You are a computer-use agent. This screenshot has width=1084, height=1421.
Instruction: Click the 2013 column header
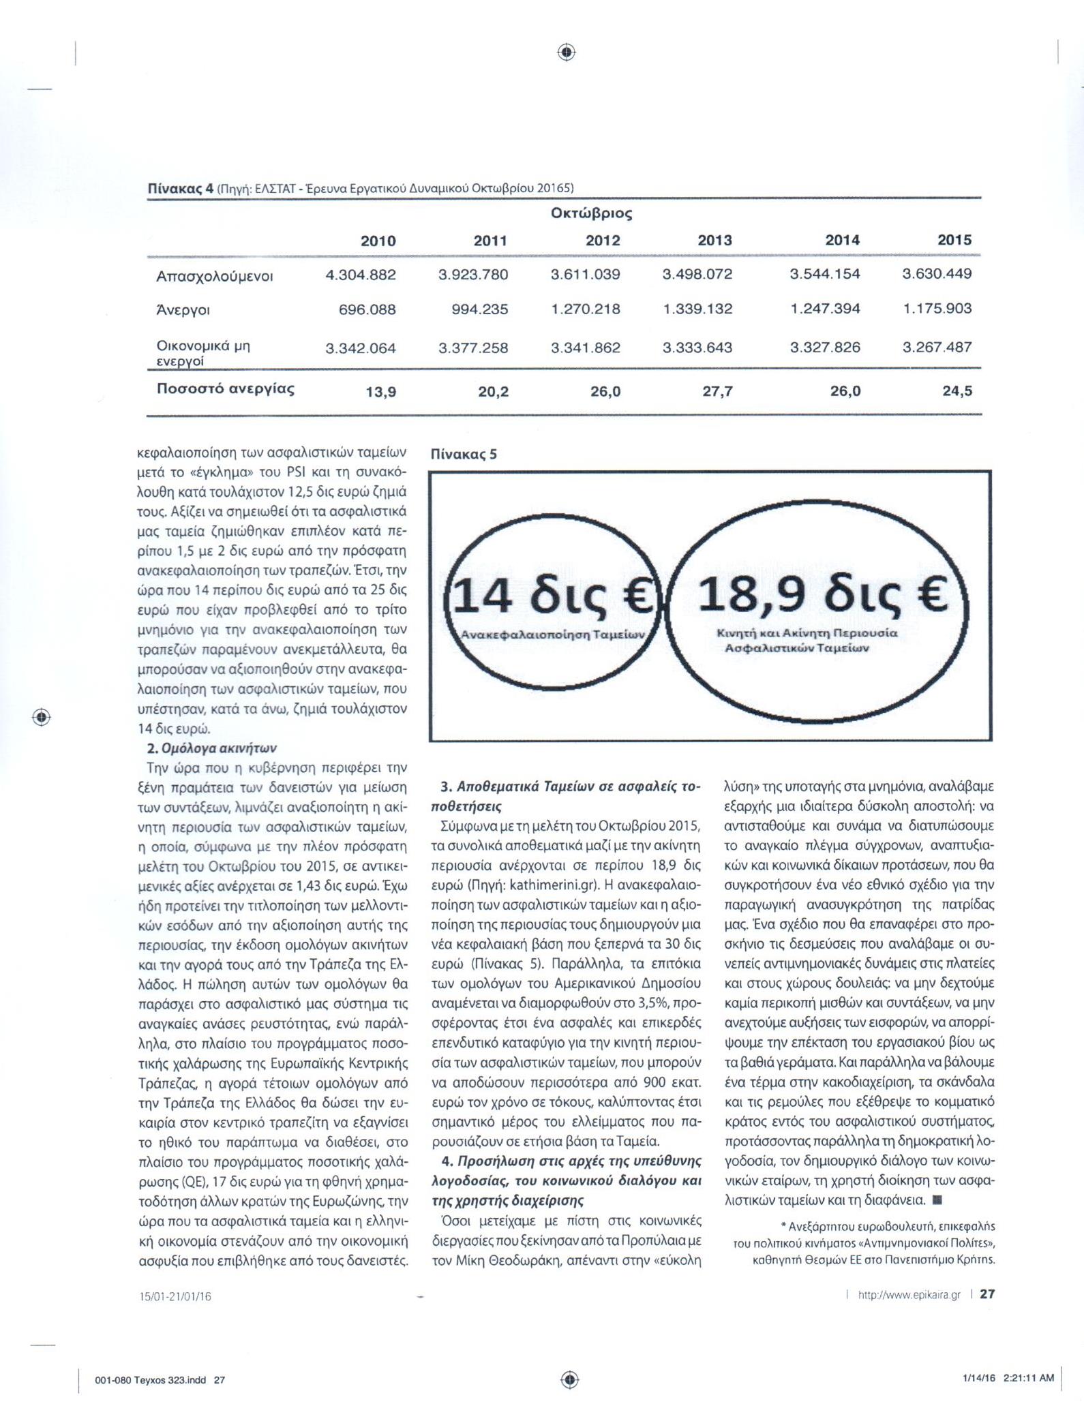tap(714, 240)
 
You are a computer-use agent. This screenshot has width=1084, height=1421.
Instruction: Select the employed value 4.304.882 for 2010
tap(361, 275)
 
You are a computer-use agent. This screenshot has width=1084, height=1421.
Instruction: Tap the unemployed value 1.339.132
tap(697, 309)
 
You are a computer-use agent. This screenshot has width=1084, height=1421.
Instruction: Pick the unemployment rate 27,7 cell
tap(717, 391)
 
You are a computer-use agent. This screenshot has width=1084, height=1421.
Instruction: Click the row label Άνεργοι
tap(183, 310)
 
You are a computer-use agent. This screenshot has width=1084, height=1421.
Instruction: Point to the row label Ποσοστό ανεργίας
tap(226, 389)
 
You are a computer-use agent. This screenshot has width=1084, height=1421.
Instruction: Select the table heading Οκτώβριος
tap(591, 213)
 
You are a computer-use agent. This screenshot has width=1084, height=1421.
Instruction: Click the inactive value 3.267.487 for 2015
tap(937, 347)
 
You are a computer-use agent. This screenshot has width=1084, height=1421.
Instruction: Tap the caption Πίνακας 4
tap(181, 188)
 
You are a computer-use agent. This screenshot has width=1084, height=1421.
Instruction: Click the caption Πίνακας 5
tap(463, 455)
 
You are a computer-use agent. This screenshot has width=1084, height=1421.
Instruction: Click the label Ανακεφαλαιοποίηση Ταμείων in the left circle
tap(552, 635)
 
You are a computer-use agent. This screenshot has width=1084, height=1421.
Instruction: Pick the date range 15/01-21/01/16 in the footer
tap(175, 1296)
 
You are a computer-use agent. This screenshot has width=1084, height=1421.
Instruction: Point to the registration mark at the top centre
tap(567, 52)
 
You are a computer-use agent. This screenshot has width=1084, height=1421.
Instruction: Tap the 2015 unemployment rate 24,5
tap(958, 391)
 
